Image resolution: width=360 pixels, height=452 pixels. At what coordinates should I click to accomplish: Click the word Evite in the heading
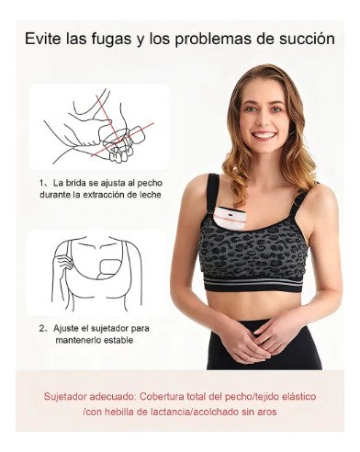43,39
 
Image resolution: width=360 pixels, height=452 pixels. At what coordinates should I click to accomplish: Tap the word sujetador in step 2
109,329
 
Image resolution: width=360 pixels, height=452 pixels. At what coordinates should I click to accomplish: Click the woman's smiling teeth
265,134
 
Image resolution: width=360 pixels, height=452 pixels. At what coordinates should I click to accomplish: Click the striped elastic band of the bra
253,284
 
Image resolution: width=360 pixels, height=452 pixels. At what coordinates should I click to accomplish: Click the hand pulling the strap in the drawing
63,263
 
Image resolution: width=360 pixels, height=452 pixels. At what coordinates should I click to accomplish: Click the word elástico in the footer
296,397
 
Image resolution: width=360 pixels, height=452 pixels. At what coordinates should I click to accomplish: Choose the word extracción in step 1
106,195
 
